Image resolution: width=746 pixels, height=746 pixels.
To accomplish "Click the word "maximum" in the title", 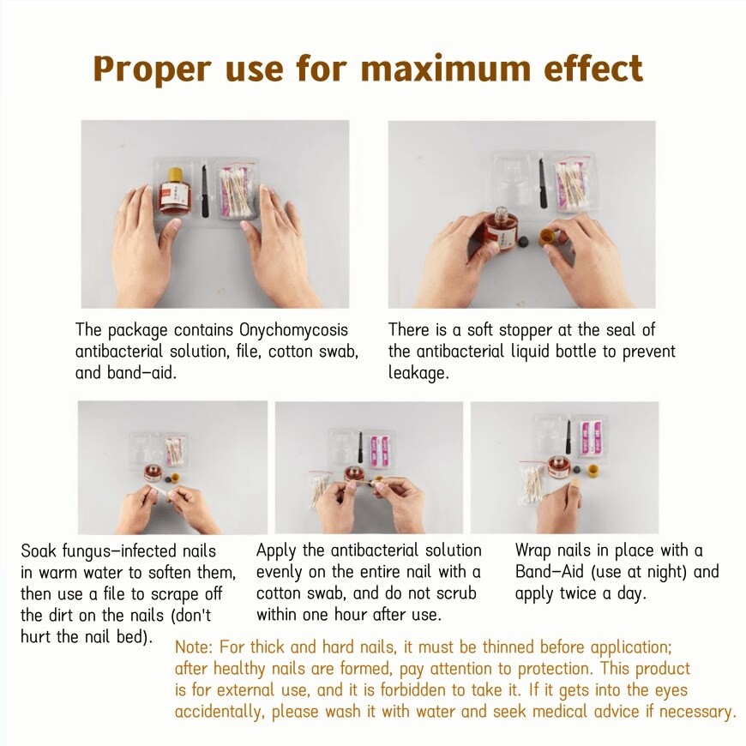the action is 445,69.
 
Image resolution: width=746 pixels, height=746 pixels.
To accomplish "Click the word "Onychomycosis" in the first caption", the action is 293,330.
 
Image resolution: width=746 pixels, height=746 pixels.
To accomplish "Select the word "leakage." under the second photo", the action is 418,372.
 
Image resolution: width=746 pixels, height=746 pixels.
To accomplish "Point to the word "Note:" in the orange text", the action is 195,647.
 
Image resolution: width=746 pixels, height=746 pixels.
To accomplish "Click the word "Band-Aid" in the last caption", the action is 550,571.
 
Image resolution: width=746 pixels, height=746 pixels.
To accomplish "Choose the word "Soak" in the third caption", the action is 38,550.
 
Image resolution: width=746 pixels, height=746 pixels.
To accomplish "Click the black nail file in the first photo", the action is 205,191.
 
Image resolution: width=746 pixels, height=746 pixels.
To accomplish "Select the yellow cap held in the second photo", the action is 547,237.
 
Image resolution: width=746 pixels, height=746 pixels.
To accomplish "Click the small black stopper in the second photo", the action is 522,241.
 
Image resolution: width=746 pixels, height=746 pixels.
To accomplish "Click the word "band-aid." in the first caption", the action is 141,372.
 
